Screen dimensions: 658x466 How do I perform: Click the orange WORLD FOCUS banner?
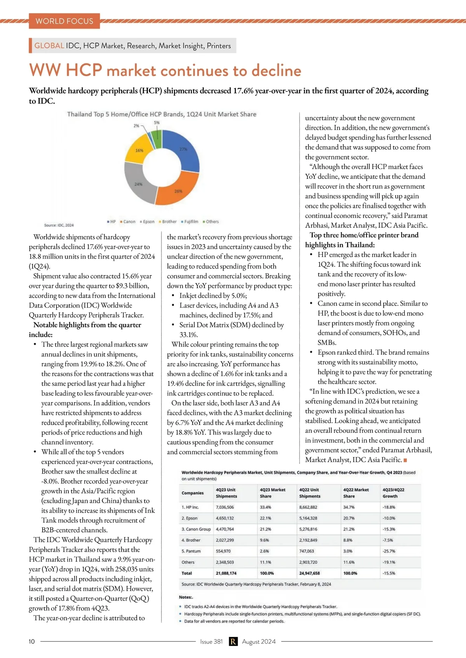[x=64, y=21]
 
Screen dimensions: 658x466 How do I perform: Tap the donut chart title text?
[x=162, y=114]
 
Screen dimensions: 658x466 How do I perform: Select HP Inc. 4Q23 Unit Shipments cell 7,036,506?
[x=225, y=507]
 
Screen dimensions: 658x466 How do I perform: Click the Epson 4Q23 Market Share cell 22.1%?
[x=266, y=518]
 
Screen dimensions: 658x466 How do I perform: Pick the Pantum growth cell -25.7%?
[x=389, y=551]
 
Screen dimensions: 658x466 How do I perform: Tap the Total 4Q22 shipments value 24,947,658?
[x=310, y=573]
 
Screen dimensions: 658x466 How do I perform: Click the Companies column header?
[x=193, y=493]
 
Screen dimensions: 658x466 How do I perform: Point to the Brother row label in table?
[x=191, y=540]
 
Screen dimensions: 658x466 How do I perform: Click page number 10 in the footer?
[x=32, y=641]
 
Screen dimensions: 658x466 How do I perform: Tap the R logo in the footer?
[x=233, y=641]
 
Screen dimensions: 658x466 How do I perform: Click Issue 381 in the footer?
[x=211, y=641]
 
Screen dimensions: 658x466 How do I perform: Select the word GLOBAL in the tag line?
[x=49, y=45]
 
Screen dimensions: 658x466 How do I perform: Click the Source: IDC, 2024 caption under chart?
[x=59, y=225]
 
